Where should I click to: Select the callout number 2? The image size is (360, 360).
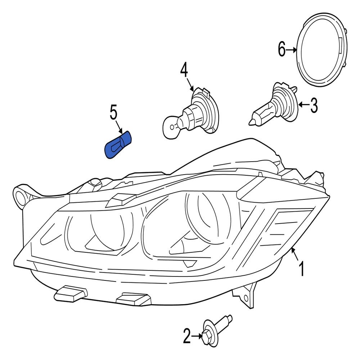pos(186,337)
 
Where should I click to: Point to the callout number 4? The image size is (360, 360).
pos(184,70)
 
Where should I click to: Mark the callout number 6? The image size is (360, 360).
pos(282,49)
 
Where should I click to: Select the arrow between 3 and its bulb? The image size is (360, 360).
pos(303,105)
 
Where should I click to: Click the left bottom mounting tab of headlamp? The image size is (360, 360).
pos(70,293)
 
